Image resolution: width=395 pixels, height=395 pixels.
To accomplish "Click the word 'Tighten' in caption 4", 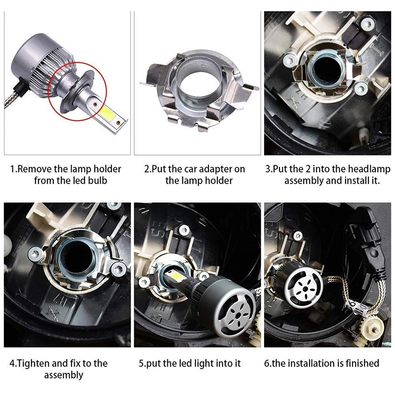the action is click(34, 363).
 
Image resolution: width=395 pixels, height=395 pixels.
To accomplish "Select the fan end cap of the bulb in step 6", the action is click(304, 287).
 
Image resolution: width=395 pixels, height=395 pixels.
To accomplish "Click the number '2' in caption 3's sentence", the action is click(308, 169).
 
